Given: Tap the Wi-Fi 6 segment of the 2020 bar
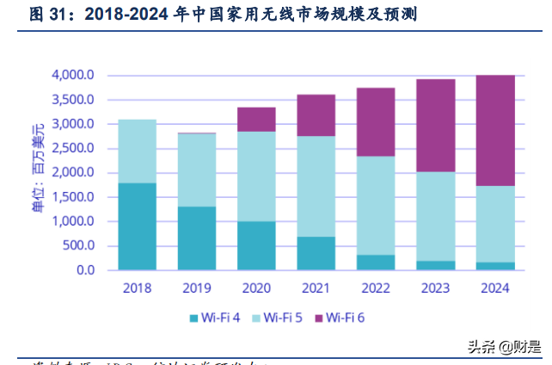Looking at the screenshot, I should click(x=256, y=120).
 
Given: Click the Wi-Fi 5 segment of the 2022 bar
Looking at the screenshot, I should click(x=376, y=206).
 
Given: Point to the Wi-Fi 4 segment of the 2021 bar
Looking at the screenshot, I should click(x=316, y=253).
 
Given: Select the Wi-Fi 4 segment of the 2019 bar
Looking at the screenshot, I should click(x=197, y=238).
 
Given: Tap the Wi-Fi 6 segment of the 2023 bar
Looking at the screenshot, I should click(x=435, y=126).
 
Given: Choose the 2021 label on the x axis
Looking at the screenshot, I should click(x=316, y=288).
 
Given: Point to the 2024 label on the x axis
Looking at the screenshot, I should click(x=495, y=288).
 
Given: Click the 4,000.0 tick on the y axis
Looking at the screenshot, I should click(x=72, y=75).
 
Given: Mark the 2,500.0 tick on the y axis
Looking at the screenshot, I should click(x=72, y=148).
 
